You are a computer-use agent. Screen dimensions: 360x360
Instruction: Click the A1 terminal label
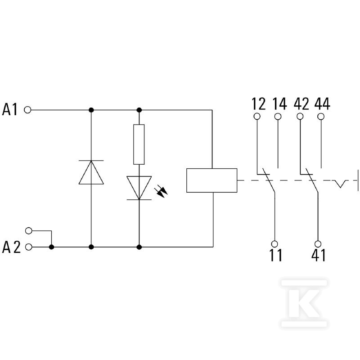[10, 109]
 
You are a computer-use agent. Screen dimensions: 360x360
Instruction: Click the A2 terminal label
[11, 247]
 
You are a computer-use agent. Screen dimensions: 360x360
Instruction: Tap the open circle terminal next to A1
[27, 110]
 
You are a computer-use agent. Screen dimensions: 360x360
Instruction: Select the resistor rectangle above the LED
[139, 144]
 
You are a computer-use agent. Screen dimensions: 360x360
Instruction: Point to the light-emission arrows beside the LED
[161, 192]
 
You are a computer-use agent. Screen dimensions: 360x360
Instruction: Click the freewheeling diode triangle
[91, 172]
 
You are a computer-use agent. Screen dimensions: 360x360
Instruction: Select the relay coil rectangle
[211, 180]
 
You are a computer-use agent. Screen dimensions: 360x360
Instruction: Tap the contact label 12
[258, 104]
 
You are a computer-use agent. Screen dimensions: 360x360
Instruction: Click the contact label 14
[279, 104]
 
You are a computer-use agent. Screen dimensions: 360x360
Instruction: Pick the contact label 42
[301, 104]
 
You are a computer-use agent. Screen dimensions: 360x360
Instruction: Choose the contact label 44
[322, 104]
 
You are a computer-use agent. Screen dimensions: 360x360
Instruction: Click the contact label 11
[276, 255]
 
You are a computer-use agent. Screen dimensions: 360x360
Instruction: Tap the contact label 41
[319, 255]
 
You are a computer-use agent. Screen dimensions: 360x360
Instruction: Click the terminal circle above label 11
[274, 244]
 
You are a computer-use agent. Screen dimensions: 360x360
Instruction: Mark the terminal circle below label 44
[321, 117]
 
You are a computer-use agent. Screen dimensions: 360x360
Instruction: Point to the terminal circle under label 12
[257, 117]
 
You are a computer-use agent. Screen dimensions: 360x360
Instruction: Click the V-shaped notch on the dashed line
[340, 184]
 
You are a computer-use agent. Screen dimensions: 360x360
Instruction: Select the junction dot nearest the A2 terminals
[52, 247]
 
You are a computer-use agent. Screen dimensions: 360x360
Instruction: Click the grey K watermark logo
[304, 303]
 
